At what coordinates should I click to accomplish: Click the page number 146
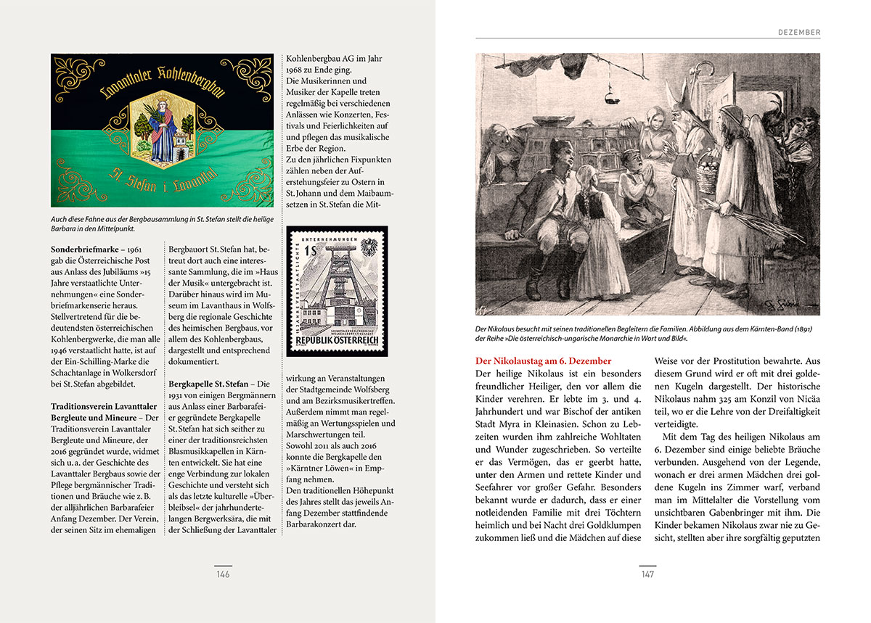pos(222,574)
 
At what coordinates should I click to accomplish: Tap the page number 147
pos(647,574)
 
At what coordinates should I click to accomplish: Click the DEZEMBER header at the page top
pos(798,33)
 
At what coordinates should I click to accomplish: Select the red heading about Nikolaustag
pos(544,360)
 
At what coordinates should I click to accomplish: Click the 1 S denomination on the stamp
pos(311,251)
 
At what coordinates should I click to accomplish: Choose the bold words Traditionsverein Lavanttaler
pos(105,406)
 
